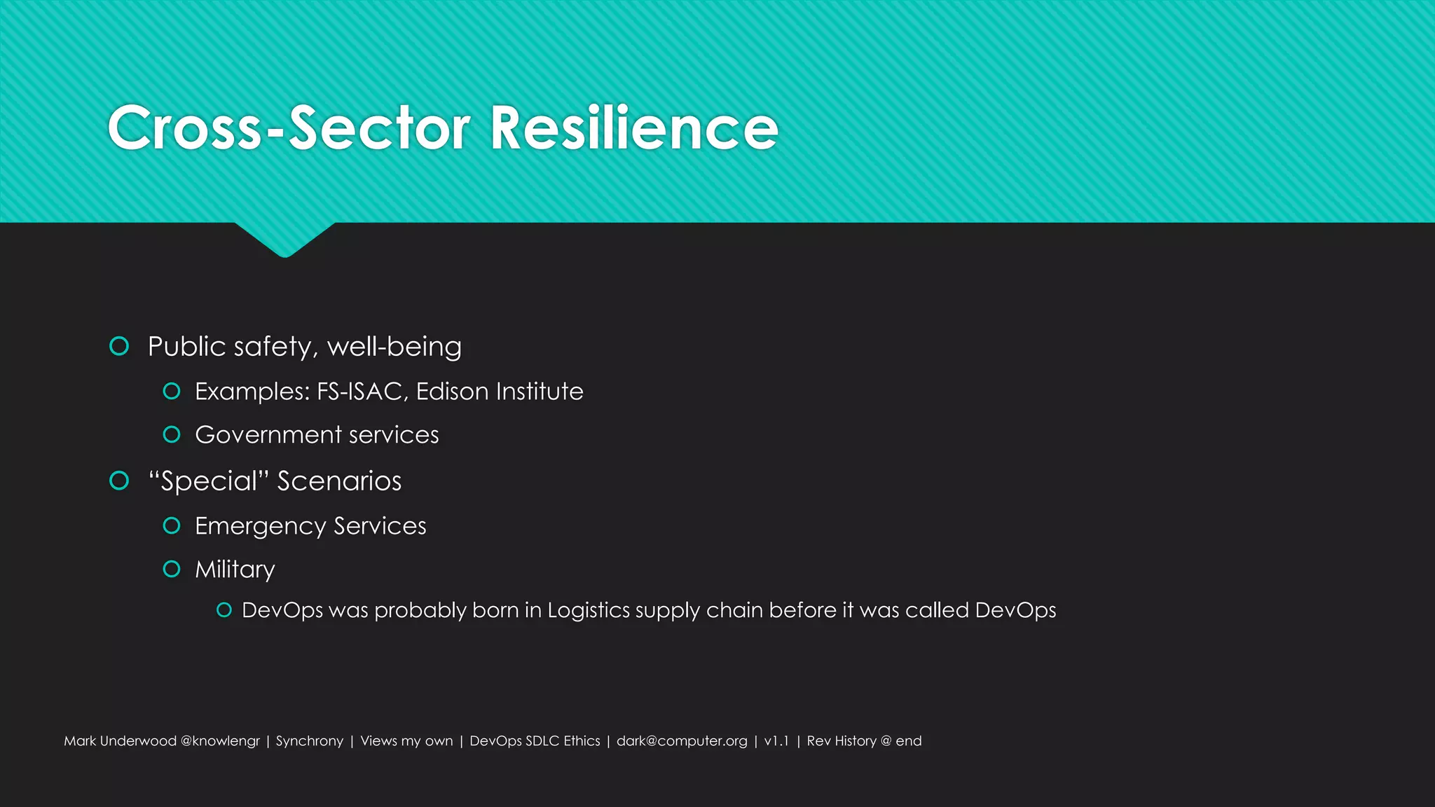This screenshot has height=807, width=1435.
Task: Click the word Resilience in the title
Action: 634,127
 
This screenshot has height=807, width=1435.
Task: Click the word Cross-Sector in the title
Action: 289,127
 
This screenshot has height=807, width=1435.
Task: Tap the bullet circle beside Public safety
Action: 120,346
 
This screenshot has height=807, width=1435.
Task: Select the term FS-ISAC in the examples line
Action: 359,391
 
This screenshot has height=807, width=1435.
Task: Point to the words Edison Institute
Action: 500,391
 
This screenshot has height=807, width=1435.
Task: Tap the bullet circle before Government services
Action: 172,435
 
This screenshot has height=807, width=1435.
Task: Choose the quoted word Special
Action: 209,481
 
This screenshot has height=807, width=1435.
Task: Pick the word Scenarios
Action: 339,481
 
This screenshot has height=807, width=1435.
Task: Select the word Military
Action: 235,570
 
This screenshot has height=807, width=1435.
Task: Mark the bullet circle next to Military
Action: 172,569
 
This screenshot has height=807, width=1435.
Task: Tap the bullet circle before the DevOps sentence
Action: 224,610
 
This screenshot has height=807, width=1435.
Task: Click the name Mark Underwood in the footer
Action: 120,741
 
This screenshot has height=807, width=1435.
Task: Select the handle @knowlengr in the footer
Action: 220,741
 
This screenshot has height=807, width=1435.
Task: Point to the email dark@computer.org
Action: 682,741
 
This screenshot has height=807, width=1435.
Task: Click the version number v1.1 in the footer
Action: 776,741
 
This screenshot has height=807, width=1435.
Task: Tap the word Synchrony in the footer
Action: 310,741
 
